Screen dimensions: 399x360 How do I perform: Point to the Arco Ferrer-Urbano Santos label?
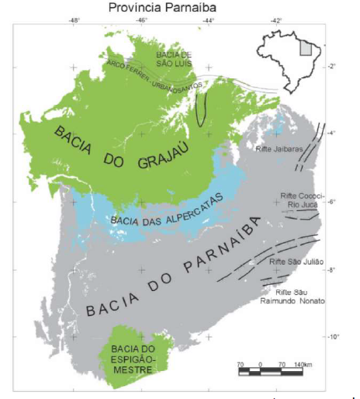154,76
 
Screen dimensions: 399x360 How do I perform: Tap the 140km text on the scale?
302,363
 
